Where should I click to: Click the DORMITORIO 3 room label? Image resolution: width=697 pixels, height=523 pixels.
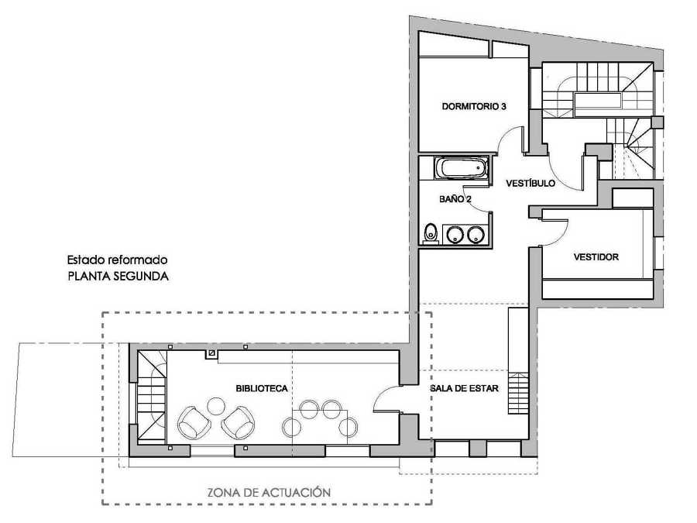coord(474,106)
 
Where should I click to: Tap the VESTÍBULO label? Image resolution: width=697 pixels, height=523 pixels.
coord(530,183)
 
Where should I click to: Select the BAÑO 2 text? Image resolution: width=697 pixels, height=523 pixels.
coord(455,199)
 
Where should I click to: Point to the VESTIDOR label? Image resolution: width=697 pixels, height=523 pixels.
coord(596,256)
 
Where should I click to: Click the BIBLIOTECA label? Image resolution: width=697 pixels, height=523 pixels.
coord(262,388)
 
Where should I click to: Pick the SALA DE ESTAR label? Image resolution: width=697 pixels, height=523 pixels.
coord(464,388)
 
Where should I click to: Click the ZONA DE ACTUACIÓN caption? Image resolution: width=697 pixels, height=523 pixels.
coord(269,492)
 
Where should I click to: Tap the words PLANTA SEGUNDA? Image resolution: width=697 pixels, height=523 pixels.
coord(118,276)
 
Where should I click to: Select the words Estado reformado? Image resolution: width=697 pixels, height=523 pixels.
coord(118,260)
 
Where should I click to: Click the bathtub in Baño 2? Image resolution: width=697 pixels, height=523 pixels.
coord(462,168)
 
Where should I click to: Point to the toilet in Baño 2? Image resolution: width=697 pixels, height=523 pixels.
coord(430,233)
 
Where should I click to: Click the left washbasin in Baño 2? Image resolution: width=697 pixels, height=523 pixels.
coord(455,234)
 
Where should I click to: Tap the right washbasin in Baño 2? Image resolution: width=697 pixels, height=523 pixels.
coord(476,234)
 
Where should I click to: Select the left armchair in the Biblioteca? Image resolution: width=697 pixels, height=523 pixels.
coord(194,422)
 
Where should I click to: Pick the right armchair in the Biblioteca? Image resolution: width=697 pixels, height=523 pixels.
coord(238,422)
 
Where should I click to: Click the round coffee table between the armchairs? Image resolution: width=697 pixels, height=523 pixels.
coord(216,405)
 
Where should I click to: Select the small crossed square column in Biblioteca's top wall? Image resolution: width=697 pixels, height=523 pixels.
coord(212,353)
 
